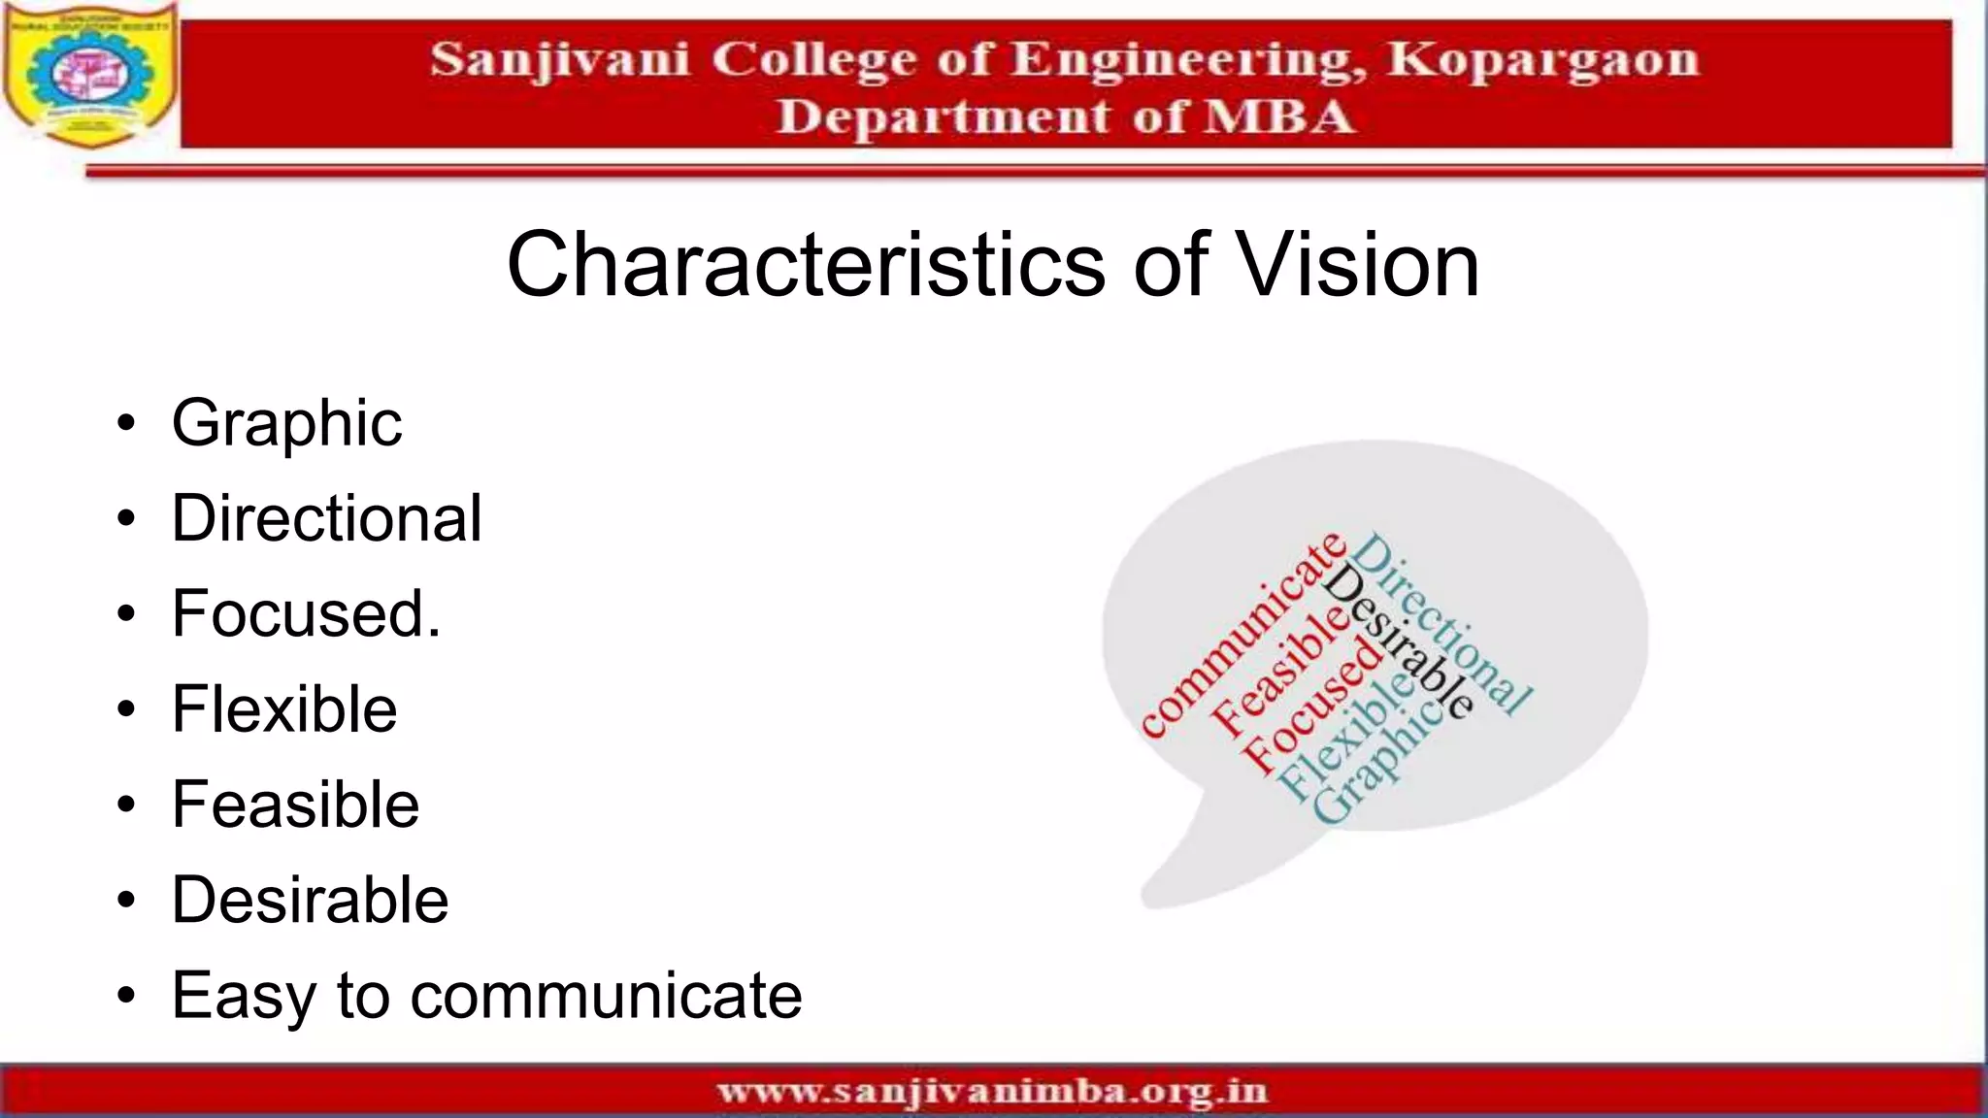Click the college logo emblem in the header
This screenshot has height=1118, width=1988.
point(90,75)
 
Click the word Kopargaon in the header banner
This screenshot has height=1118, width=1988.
point(1542,60)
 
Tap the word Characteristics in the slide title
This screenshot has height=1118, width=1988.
point(806,265)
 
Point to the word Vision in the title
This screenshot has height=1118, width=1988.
point(1359,265)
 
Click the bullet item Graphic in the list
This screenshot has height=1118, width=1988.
point(286,424)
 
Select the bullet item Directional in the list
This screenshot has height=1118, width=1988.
point(326,518)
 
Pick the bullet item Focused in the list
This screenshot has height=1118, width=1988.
point(306,613)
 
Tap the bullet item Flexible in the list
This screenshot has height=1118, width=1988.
point(284,708)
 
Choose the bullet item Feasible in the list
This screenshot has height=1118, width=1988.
point(295,805)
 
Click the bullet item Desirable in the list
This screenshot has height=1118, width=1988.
point(310,900)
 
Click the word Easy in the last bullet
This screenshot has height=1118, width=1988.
point(242,996)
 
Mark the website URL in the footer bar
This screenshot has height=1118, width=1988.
point(992,1092)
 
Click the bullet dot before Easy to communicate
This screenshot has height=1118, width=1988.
point(126,996)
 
